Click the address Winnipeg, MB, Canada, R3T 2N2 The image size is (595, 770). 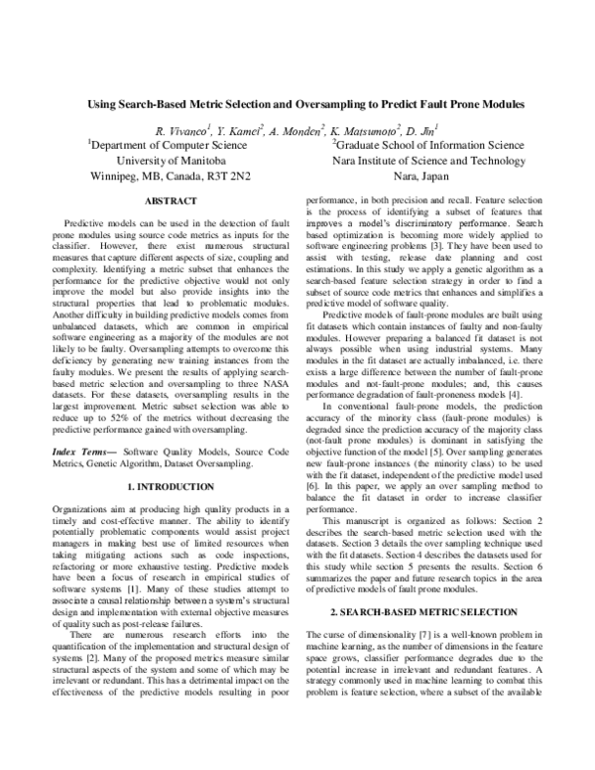(171, 177)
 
